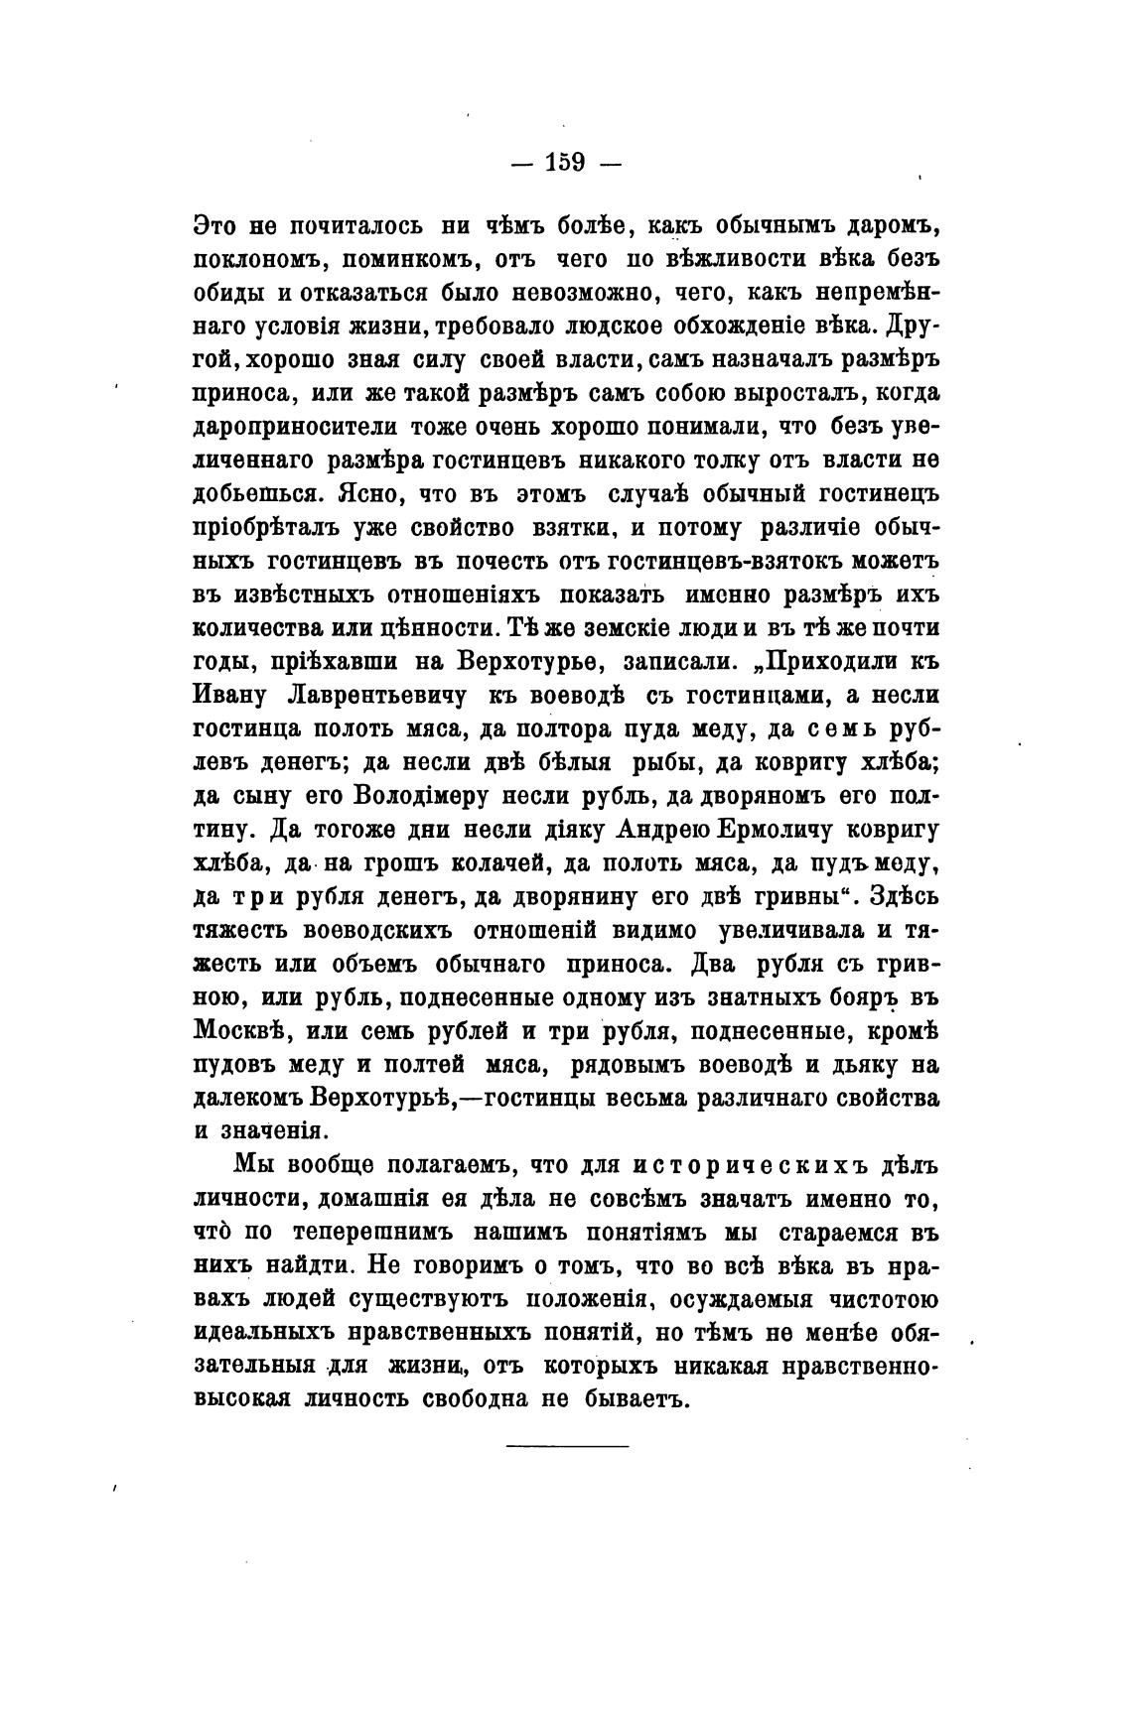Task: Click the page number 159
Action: point(565,161)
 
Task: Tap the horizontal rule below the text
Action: point(567,1445)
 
